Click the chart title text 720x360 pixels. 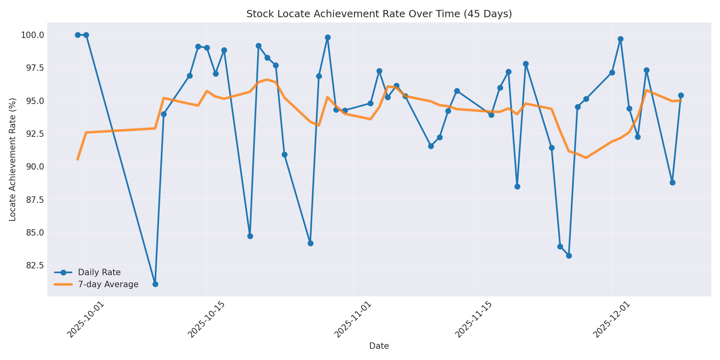(379, 14)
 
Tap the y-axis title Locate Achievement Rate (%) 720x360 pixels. (13, 159)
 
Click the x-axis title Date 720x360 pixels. (379, 346)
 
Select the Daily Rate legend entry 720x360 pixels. (99, 272)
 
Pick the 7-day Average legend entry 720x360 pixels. (108, 284)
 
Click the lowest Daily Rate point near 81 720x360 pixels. (155, 284)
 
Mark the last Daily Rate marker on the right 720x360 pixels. (681, 95)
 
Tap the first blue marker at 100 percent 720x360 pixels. (78, 35)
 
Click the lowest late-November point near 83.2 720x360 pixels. (569, 256)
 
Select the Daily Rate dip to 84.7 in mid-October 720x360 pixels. (250, 236)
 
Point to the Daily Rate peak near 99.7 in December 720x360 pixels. (620, 39)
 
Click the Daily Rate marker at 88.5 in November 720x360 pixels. (517, 186)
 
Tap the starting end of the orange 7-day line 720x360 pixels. (78, 159)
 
